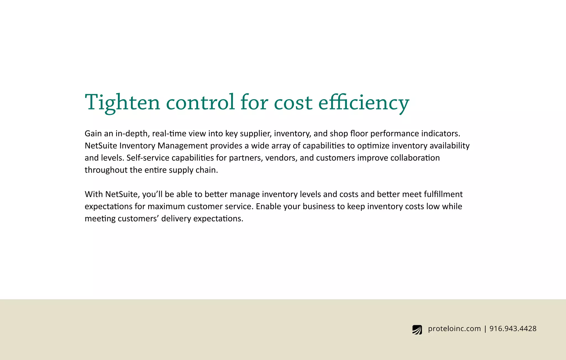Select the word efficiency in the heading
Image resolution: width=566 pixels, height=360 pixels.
(x=364, y=102)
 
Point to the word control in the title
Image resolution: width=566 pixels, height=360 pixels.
(x=200, y=102)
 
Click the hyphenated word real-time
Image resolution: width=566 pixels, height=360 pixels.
(x=169, y=133)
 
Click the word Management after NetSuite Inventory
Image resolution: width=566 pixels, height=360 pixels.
(x=182, y=146)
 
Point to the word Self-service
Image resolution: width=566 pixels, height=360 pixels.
(x=148, y=158)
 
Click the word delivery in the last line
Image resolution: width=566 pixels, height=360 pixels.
(x=176, y=219)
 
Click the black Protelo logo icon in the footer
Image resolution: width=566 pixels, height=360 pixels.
(x=417, y=330)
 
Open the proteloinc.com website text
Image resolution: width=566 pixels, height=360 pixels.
(x=454, y=329)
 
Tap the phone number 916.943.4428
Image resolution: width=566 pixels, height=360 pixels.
(x=513, y=329)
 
